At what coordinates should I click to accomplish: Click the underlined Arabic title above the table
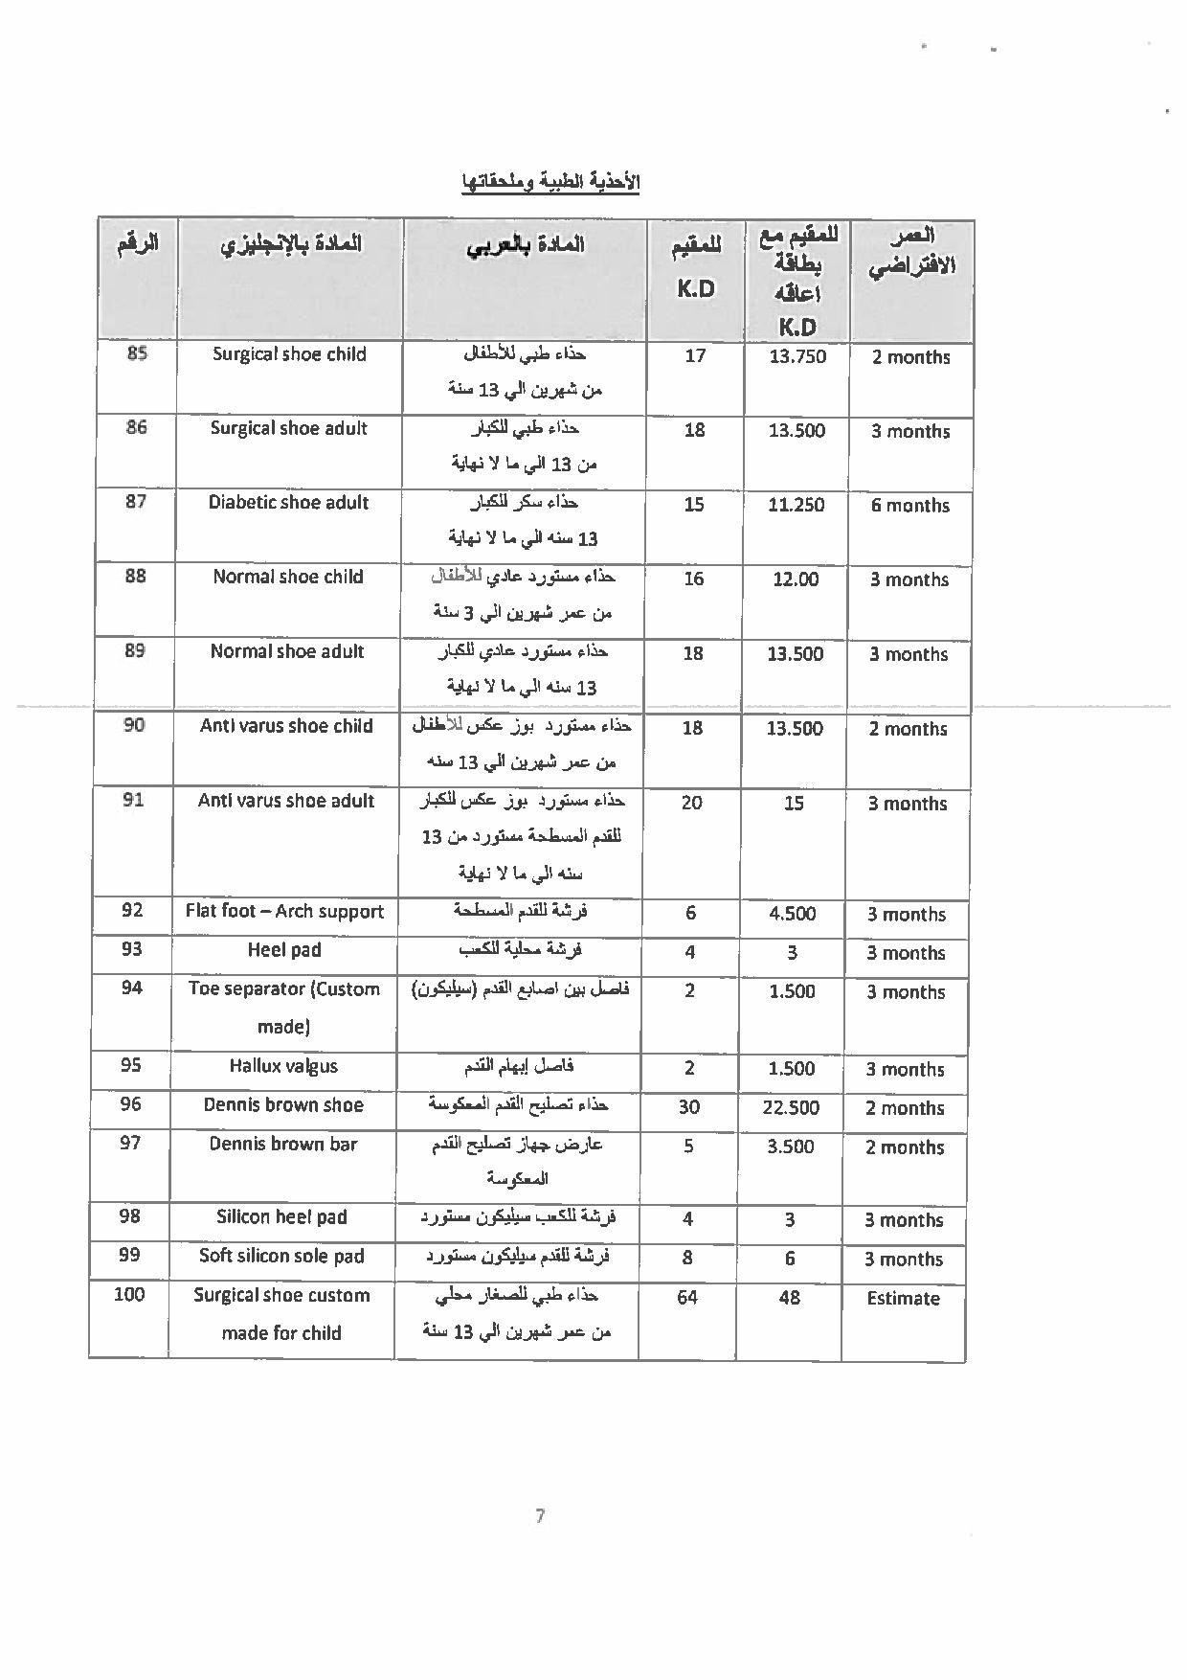[550, 183]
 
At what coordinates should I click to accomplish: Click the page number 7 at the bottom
[540, 1515]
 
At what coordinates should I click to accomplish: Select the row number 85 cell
[137, 353]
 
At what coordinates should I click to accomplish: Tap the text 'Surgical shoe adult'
[288, 428]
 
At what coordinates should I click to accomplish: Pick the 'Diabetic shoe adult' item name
[288, 503]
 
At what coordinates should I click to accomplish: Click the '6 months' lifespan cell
[909, 506]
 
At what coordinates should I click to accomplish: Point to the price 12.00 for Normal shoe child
[796, 579]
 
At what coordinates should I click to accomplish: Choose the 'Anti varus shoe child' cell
[286, 726]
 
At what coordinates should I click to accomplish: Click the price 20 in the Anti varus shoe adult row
[691, 803]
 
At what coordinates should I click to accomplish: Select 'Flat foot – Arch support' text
[284, 911]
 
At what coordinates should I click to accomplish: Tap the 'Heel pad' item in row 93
[284, 950]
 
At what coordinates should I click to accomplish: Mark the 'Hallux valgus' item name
[283, 1066]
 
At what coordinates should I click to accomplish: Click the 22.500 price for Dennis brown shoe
[791, 1107]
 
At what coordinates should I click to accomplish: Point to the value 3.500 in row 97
[791, 1146]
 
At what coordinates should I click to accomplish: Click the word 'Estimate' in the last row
[903, 1299]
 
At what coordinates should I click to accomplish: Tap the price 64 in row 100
[686, 1297]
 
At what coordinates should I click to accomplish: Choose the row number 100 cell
[129, 1295]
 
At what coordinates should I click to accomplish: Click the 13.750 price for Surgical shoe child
[797, 356]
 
